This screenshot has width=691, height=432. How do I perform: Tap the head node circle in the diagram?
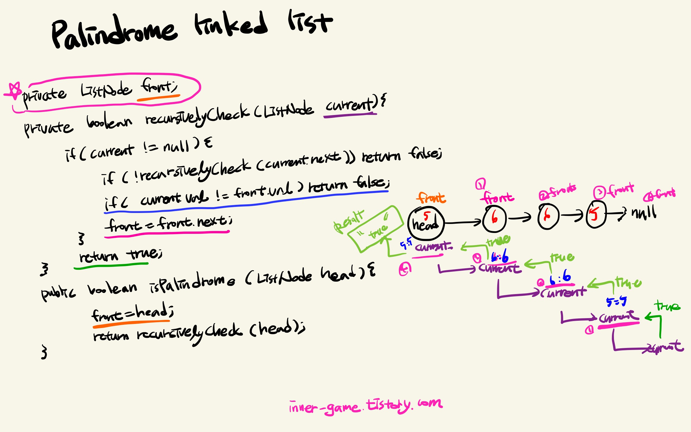(x=426, y=223)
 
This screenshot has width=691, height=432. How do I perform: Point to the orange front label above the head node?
(x=431, y=198)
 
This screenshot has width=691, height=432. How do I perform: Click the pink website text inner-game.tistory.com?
(x=365, y=406)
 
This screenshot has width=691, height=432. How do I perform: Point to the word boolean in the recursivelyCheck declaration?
(x=109, y=122)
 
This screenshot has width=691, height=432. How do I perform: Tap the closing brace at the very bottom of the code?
(x=44, y=352)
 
